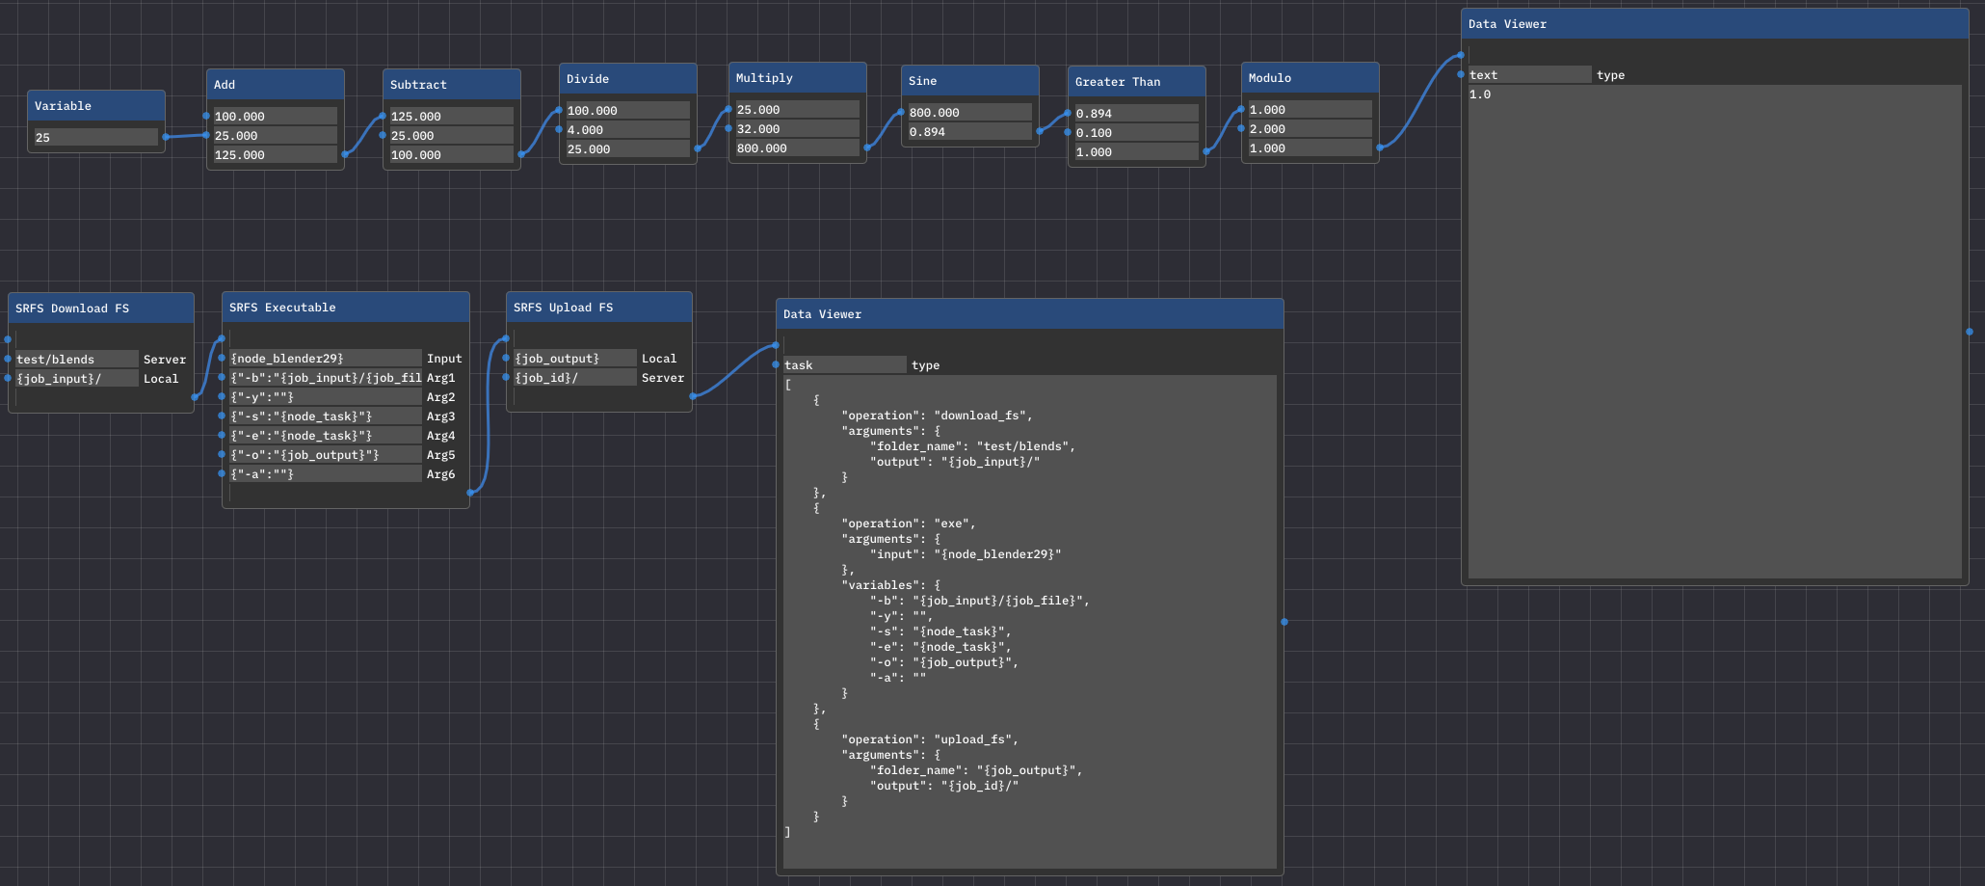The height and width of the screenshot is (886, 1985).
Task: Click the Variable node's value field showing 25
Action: [x=95, y=137]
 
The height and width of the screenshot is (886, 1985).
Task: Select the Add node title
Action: [x=225, y=85]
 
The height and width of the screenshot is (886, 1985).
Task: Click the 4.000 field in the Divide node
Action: [x=627, y=130]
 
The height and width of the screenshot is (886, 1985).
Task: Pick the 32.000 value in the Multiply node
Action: [x=797, y=129]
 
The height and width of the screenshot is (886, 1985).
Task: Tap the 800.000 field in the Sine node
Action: [x=969, y=113]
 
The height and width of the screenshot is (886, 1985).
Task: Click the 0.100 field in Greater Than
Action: [x=1136, y=133]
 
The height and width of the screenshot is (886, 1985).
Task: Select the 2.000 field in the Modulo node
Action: [x=1310, y=129]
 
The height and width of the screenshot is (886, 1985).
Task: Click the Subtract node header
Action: [x=452, y=84]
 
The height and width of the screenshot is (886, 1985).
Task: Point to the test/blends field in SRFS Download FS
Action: [x=77, y=360]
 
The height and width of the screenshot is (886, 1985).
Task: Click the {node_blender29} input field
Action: [x=326, y=359]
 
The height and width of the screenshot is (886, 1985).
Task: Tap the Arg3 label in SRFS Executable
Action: [x=441, y=416]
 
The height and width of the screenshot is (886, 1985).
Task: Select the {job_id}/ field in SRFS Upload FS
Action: [x=575, y=378]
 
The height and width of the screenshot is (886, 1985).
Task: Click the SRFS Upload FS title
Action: [x=564, y=308]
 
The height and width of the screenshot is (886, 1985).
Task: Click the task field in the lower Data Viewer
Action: [x=844, y=365]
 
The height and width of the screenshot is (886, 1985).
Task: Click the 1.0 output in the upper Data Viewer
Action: [x=1480, y=94]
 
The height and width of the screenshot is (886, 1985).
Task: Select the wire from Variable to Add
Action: [x=186, y=136]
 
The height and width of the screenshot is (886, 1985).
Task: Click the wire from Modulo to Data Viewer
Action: [x=1420, y=101]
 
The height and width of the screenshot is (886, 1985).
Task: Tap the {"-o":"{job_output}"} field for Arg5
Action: [x=326, y=455]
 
